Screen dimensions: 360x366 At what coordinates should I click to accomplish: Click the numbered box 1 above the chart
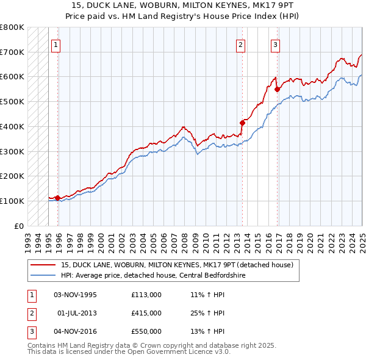pyautogui.click(x=56, y=44)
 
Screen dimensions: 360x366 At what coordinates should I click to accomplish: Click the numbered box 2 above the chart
pyautogui.click(x=241, y=44)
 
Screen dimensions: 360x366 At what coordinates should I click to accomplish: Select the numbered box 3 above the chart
pyautogui.click(x=276, y=44)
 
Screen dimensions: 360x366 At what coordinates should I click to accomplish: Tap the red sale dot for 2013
pyautogui.click(x=242, y=123)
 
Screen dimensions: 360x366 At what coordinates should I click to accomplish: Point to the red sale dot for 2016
pyautogui.click(x=278, y=89)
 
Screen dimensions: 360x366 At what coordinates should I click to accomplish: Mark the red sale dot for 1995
pyautogui.click(x=57, y=198)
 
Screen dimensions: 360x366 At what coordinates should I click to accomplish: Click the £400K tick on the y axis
pyautogui.click(x=13, y=126)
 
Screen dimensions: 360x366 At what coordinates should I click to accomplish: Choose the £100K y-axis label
pyautogui.click(x=13, y=201)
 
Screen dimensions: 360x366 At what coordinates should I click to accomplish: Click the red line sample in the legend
pyautogui.click(x=43, y=265)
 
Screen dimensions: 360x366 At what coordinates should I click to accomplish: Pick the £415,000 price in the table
pyautogui.click(x=146, y=313)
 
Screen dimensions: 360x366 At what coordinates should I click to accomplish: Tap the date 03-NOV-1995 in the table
pyautogui.click(x=76, y=295)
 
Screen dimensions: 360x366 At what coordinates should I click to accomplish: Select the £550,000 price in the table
pyautogui.click(x=146, y=331)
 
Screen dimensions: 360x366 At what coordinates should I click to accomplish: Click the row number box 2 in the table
pyautogui.click(x=31, y=313)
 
